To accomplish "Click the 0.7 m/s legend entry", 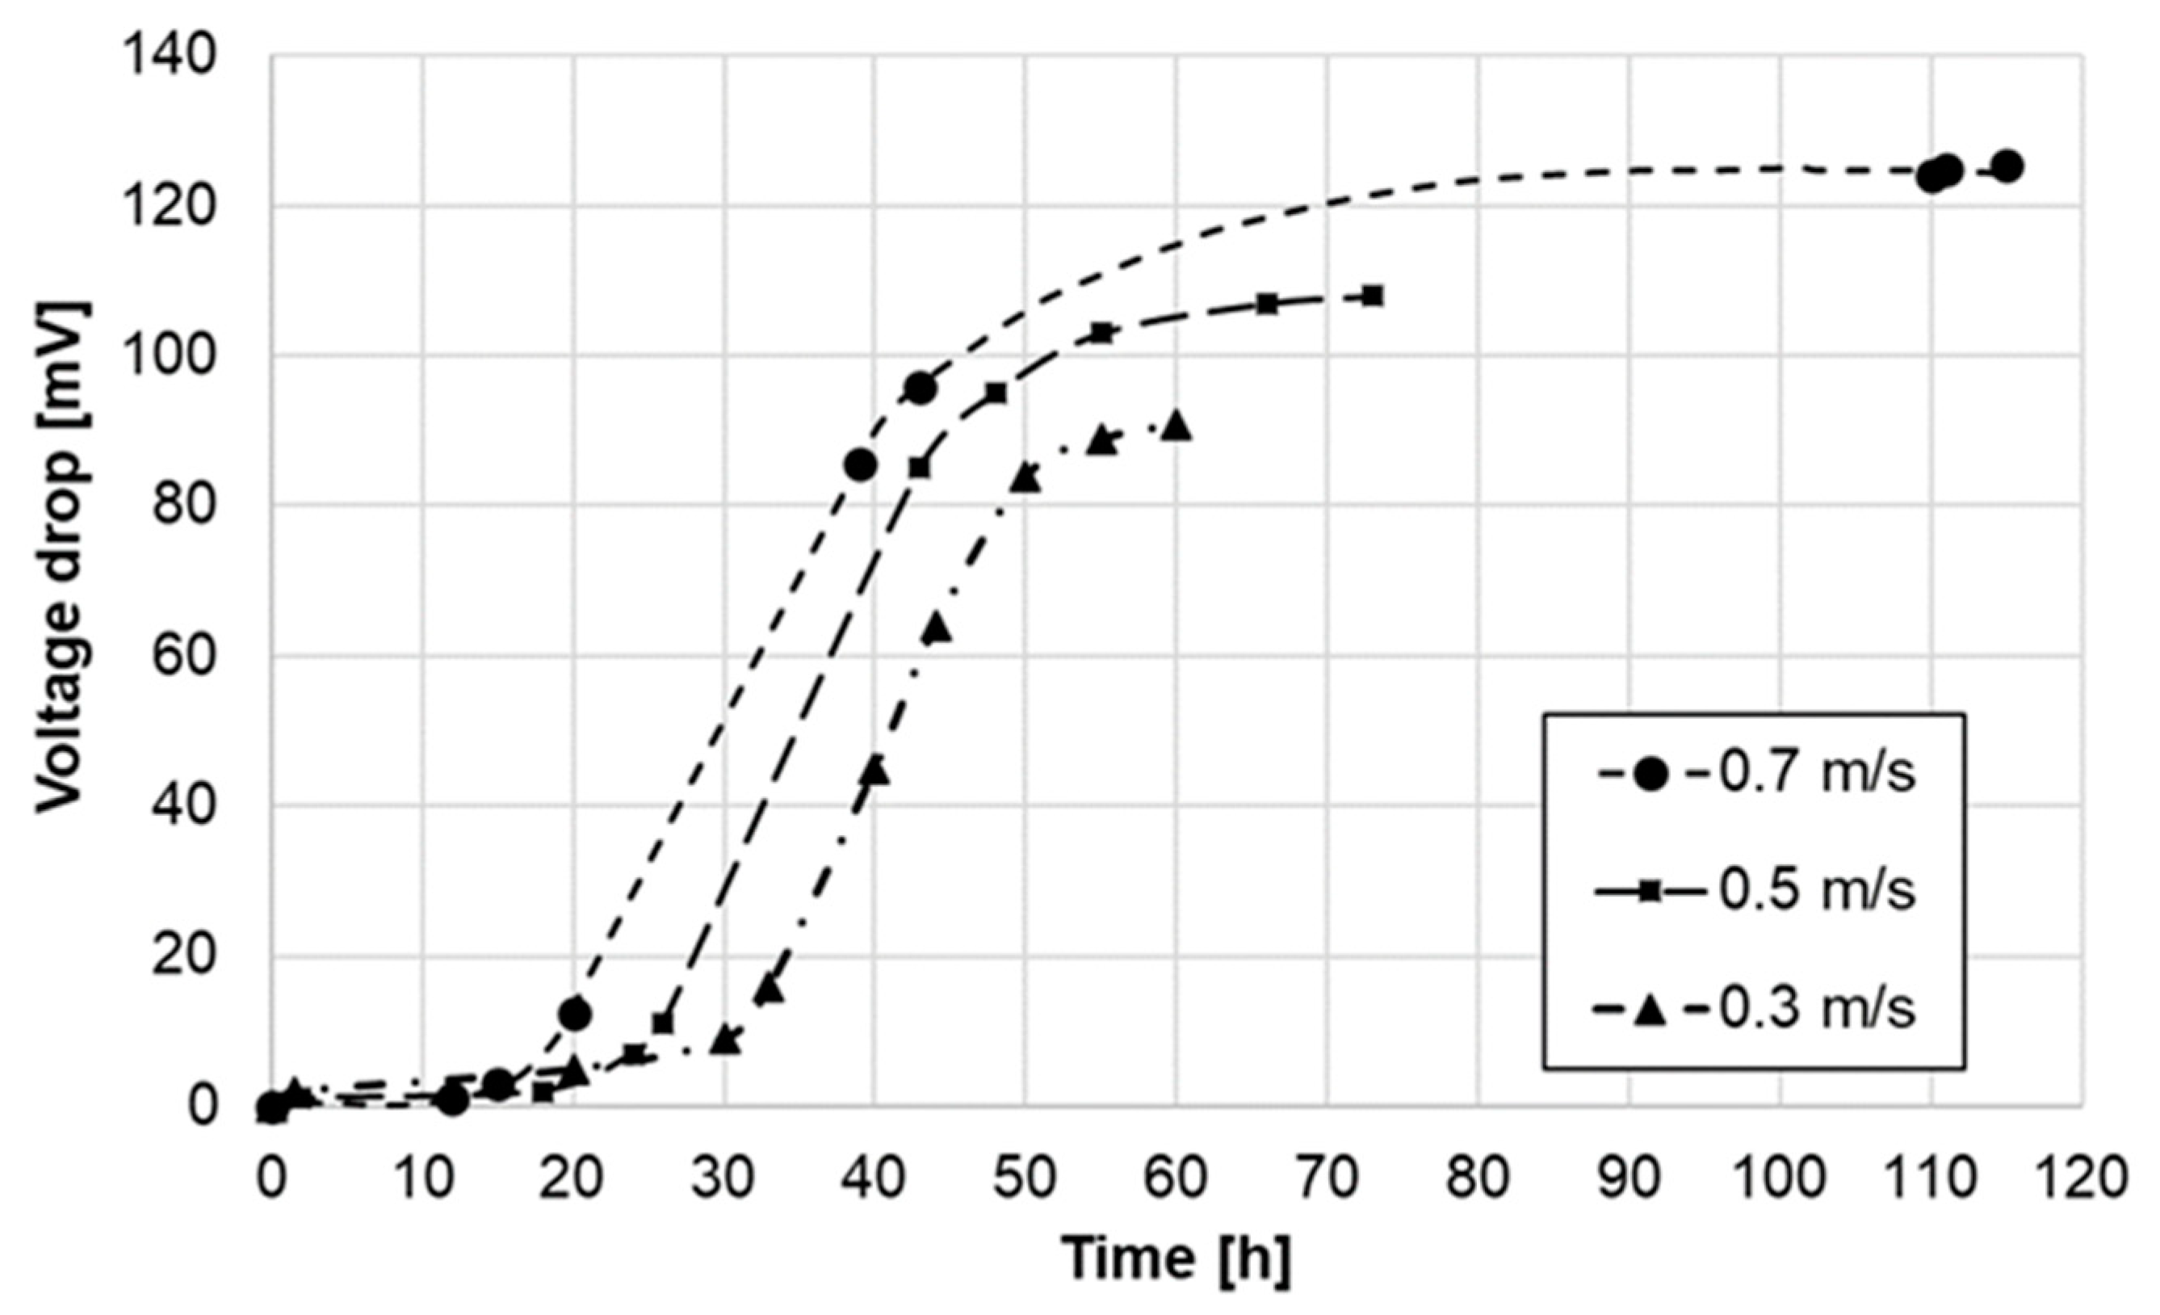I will pyautogui.click(x=1753, y=775).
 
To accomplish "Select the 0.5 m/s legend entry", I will pyautogui.click(x=1753, y=893).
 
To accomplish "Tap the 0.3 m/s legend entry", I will pyautogui.click(x=1753, y=1010).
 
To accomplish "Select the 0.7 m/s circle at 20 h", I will pyautogui.click(x=575, y=1014).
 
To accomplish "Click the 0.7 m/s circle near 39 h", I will pyautogui.click(x=861, y=464).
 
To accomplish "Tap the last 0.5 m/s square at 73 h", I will pyautogui.click(x=1373, y=296).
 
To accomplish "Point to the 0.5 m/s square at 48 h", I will pyautogui.click(x=996, y=393).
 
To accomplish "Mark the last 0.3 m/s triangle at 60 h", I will pyautogui.click(x=1176, y=426).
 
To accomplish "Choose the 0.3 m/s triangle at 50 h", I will pyautogui.click(x=1025, y=479).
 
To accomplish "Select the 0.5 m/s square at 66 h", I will pyautogui.click(x=1268, y=305).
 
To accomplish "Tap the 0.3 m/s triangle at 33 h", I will pyautogui.click(x=770, y=989).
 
